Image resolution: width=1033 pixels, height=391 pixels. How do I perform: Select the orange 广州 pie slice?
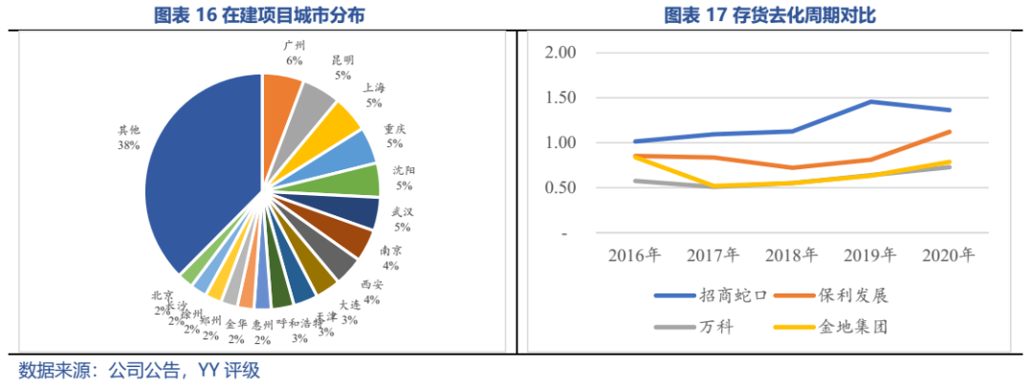280,92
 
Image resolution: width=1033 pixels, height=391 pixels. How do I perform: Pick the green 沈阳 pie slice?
360,180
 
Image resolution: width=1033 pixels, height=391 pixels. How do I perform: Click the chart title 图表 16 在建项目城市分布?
259,15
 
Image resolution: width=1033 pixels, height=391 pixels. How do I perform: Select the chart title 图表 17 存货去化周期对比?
771,15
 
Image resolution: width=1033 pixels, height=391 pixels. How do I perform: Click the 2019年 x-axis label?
868,255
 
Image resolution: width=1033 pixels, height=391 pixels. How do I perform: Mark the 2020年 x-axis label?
947,255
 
